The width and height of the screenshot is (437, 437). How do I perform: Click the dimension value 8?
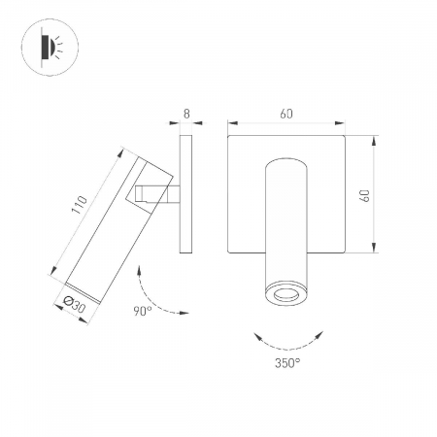(186, 114)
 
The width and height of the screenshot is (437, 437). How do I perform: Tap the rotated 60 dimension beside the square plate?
(365, 195)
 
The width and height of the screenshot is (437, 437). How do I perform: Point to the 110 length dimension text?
(80, 205)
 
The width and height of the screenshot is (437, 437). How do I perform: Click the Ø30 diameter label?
(75, 304)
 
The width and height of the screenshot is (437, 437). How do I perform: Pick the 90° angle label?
(143, 311)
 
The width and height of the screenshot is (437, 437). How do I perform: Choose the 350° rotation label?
(287, 363)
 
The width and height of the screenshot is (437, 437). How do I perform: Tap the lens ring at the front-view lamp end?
(286, 295)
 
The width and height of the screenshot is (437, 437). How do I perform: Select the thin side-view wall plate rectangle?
(185, 194)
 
